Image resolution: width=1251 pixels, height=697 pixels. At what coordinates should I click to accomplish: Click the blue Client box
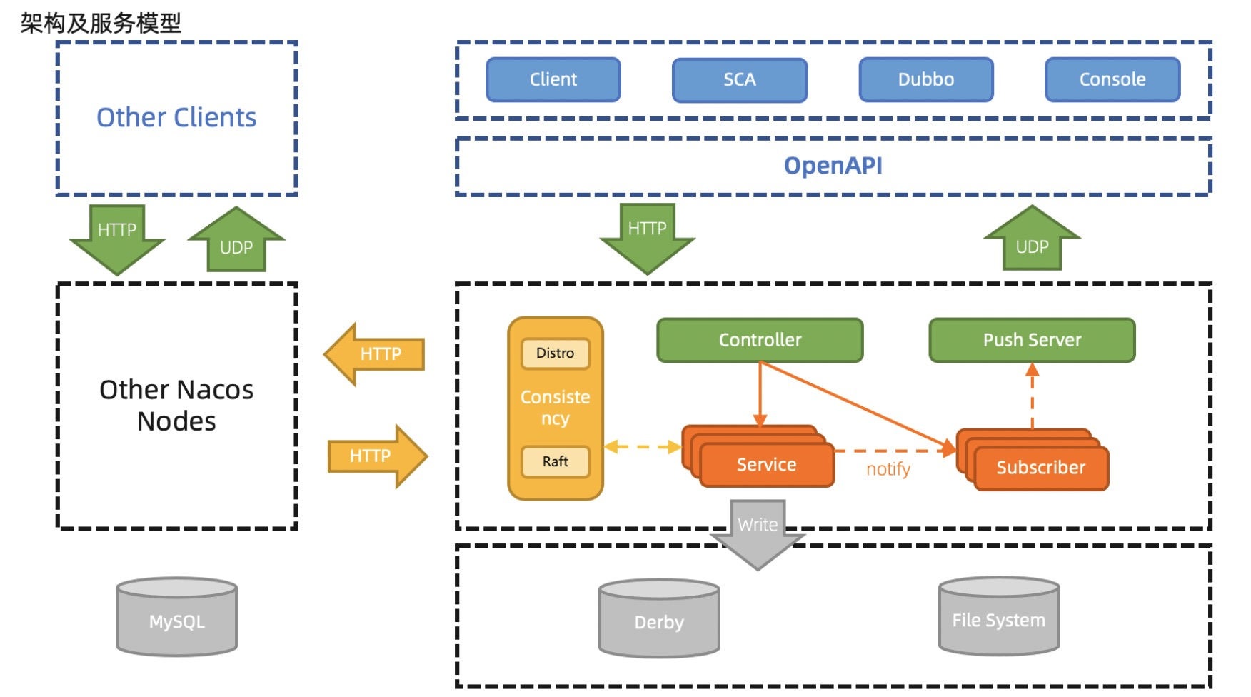tap(553, 79)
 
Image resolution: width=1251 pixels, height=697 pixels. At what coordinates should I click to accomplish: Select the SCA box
tap(740, 79)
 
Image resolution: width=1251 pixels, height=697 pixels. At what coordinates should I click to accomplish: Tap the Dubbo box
tap(926, 79)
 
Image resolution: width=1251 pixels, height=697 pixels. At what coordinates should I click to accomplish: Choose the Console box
tap(1112, 79)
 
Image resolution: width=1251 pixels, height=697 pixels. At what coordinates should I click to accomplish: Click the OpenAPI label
tap(833, 166)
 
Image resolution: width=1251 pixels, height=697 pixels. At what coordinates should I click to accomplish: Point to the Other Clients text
tap(176, 118)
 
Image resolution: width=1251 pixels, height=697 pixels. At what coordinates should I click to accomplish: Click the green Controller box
tap(760, 340)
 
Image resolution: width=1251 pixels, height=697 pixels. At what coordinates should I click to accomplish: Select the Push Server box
tap(1032, 340)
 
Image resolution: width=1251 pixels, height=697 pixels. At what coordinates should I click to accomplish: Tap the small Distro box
tap(556, 353)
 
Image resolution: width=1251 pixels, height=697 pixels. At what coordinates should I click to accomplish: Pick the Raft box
tap(556, 462)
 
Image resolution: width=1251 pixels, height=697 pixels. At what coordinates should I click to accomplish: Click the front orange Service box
tap(767, 465)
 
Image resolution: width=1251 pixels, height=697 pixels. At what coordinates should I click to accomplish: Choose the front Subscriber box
tap(1041, 468)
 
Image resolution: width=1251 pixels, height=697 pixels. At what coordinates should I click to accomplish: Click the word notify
tap(888, 469)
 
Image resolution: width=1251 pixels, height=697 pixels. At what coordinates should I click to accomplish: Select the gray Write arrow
tap(758, 532)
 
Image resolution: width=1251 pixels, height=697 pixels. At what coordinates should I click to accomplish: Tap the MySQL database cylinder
tap(177, 618)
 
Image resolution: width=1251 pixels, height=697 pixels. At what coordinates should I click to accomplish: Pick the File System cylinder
tap(999, 617)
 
